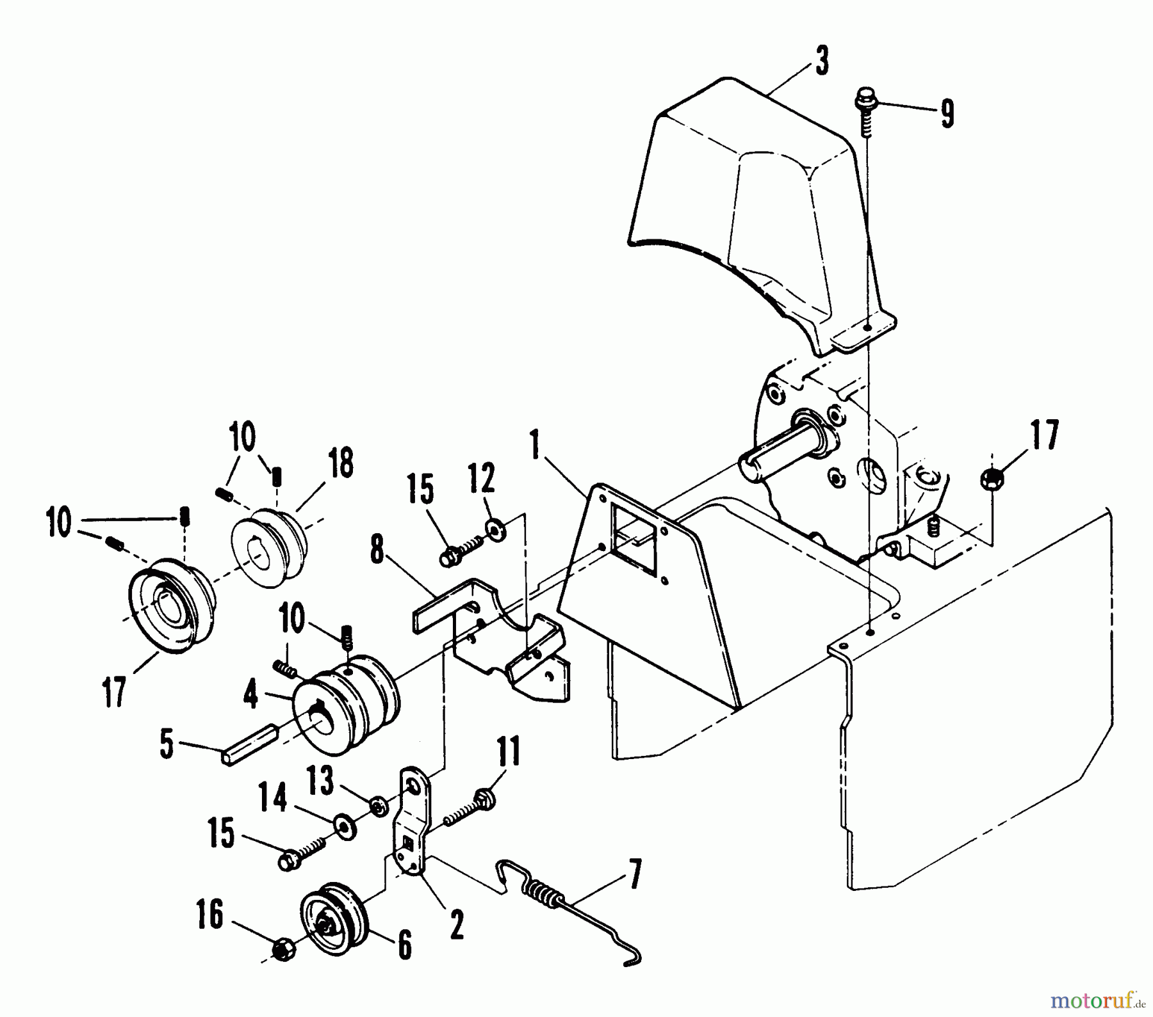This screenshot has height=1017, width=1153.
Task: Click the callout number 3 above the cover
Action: click(822, 63)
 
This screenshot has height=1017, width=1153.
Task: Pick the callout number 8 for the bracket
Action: click(377, 549)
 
